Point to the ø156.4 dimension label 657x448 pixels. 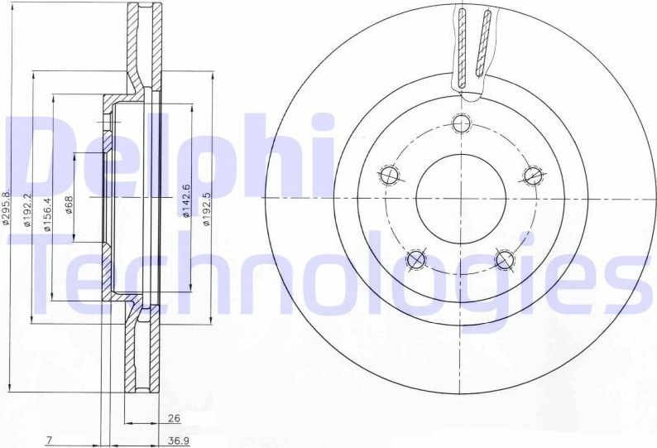[x=48, y=214]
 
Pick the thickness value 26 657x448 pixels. [x=173, y=419]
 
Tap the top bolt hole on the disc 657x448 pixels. [x=462, y=124]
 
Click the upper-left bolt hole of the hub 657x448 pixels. [x=388, y=175]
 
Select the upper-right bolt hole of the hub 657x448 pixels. [x=534, y=175]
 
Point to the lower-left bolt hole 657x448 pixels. [x=416, y=261]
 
